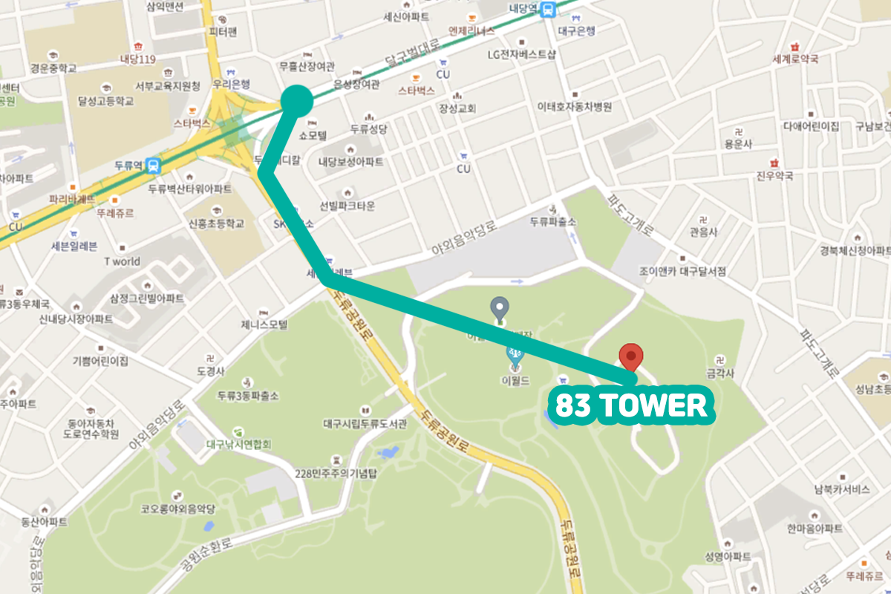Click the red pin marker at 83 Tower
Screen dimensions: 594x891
click(631, 356)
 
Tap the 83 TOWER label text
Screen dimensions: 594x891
click(630, 405)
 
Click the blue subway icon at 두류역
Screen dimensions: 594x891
click(153, 164)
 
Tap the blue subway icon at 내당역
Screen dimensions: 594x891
click(548, 10)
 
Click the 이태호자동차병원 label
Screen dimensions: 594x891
click(575, 107)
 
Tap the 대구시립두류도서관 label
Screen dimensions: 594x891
click(365, 425)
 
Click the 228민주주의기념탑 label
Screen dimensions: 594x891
click(337, 473)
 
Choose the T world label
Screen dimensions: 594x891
click(122, 261)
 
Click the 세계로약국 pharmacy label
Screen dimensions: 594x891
click(795, 59)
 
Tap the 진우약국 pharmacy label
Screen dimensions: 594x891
click(774, 176)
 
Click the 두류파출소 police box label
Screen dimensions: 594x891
click(553, 222)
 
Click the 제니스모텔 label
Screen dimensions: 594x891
click(264, 324)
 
